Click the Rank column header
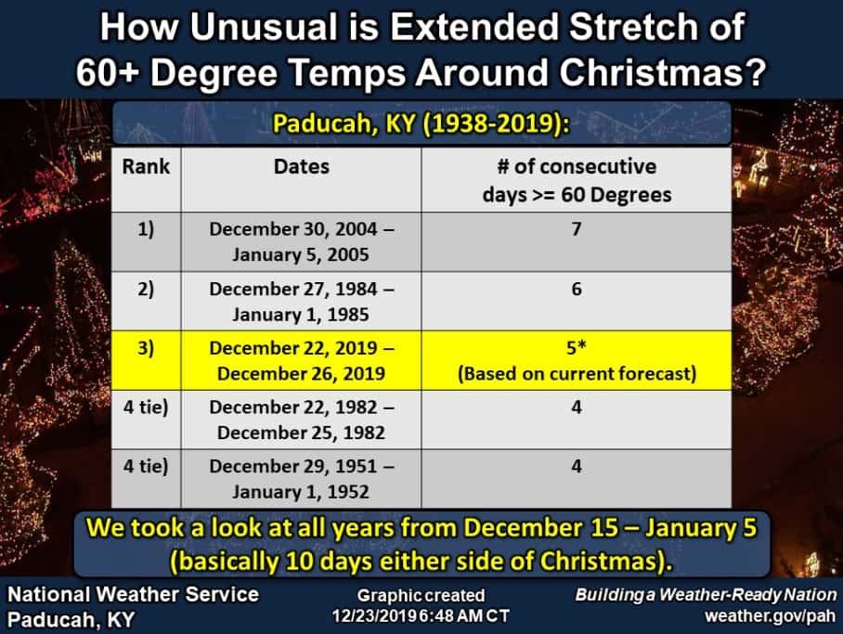pyautogui.click(x=146, y=167)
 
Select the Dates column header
pyautogui.click(x=301, y=167)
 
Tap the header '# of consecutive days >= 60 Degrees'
pyautogui.click(x=576, y=180)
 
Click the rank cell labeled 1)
pyautogui.click(x=146, y=228)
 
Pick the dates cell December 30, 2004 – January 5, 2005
pyautogui.click(x=301, y=241)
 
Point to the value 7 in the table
pyautogui.click(x=577, y=228)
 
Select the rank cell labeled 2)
pyautogui.click(x=146, y=289)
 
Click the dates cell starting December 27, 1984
pyautogui.click(x=301, y=302)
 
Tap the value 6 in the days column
pyautogui.click(x=577, y=289)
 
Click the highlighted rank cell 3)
pyautogui.click(x=146, y=349)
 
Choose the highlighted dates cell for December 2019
pyautogui.click(x=301, y=362)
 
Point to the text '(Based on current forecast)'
pyautogui.click(x=576, y=374)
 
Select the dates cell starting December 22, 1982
pyautogui.click(x=301, y=420)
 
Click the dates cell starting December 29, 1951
pyautogui.click(x=301, y=479)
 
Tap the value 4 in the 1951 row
pyautogui.click(x=577, y=466)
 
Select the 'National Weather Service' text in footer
pyautogui.click(x=134, y=594)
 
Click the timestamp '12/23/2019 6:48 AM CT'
pyautogui.click(x=421, y=615)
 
